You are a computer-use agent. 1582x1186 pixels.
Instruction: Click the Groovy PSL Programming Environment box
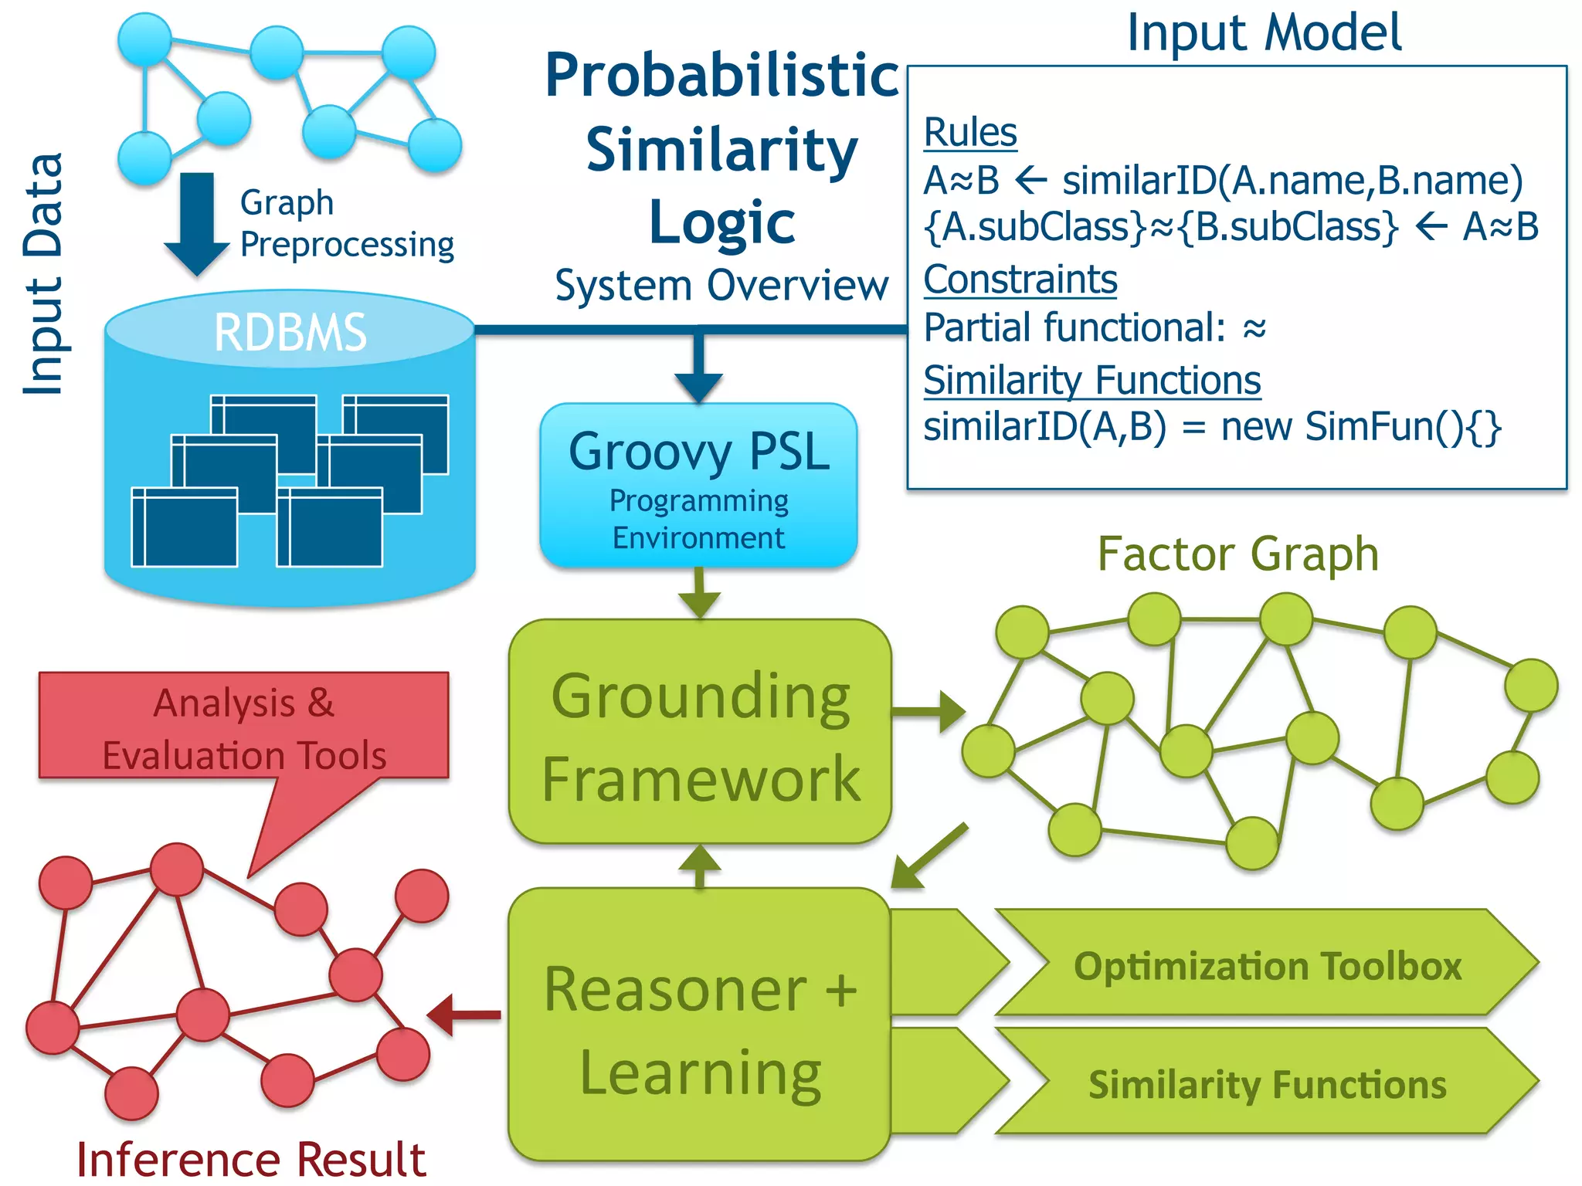pyautogui.click(x=698, y=485)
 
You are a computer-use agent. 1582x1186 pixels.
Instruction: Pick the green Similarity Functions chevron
pyautogui.click(x=1267, y=1083)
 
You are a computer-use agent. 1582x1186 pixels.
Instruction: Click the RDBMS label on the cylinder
pyautogui.click(x=290, y=333)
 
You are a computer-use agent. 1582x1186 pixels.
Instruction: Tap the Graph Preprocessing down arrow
pyautogui.click(x=197, y=224)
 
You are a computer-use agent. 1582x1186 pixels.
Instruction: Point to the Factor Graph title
pyautogui.click(x=1237, y=554)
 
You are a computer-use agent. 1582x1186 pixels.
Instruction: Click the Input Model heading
pyautogui.click(x=1264, y=33)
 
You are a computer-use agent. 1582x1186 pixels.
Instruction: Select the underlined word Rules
pyautogui.click(x=970, y=132)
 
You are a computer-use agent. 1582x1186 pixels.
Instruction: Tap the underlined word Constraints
pyautogui.click(x=1020, y=280)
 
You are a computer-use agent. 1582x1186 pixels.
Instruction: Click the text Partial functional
pyautogui.click(x=1074, y=328)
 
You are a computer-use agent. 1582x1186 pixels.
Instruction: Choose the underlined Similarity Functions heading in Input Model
pyautogui.click(x=1092, y=381)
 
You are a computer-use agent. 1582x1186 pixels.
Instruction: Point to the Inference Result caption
pyautogui.click(x=251, y=1159)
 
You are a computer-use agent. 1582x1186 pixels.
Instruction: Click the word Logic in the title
pyautogui.click(x=721, y=222)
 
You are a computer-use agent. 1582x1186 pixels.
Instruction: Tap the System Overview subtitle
pyautogui.click(x=721, y=286)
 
